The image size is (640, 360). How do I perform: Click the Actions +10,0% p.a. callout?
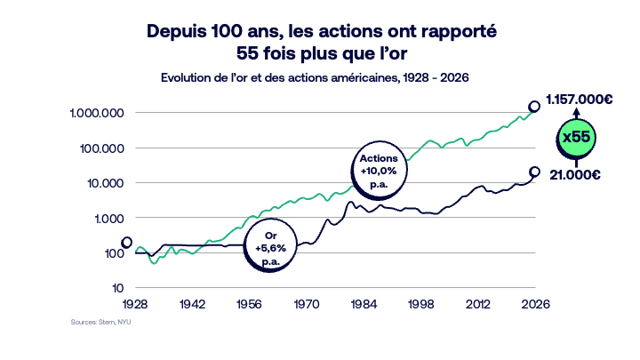click(377, 164)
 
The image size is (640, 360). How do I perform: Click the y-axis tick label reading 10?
click(117, 288)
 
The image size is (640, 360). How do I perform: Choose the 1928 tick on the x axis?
click(135, 304)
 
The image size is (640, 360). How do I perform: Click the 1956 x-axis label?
click(250, 304)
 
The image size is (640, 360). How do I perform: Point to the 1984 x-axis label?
click(364, 304)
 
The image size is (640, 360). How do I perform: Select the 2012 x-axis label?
click(478, 304)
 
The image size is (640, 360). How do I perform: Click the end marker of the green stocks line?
click(535, 106)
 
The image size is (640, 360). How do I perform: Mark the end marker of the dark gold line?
click(535, 172)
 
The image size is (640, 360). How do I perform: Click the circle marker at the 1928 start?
click(127, 243)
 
